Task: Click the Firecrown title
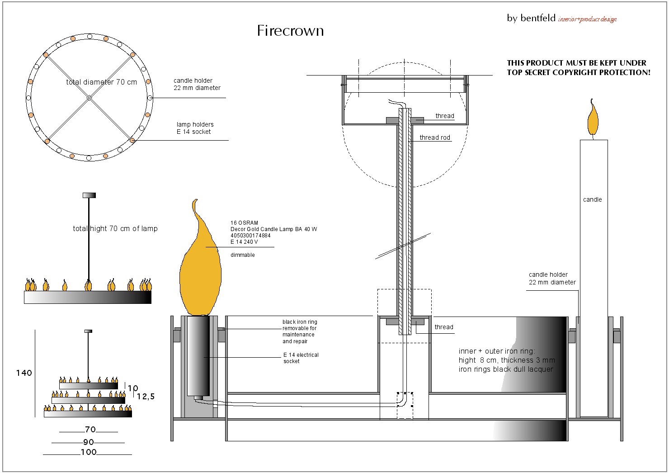pos(290,31)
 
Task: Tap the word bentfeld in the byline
pos(538,18)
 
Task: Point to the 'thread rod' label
pos(434,137)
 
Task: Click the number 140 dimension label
pos(24,373)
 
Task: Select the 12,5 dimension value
pos(146,397)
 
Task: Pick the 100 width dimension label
pos(89,452)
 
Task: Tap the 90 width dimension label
pos(89,442)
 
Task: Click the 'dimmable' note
pos(242,255)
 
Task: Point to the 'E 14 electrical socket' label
pos(301,358)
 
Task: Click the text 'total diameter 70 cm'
pos(102,82)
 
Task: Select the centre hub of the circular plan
pos(89,98)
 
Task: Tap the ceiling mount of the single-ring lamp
pos(90,195)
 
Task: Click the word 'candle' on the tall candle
pos(592,199)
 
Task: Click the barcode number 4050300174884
pos(250,236)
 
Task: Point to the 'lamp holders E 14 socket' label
pos(195,128)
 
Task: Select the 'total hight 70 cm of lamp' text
pos(115,228)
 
